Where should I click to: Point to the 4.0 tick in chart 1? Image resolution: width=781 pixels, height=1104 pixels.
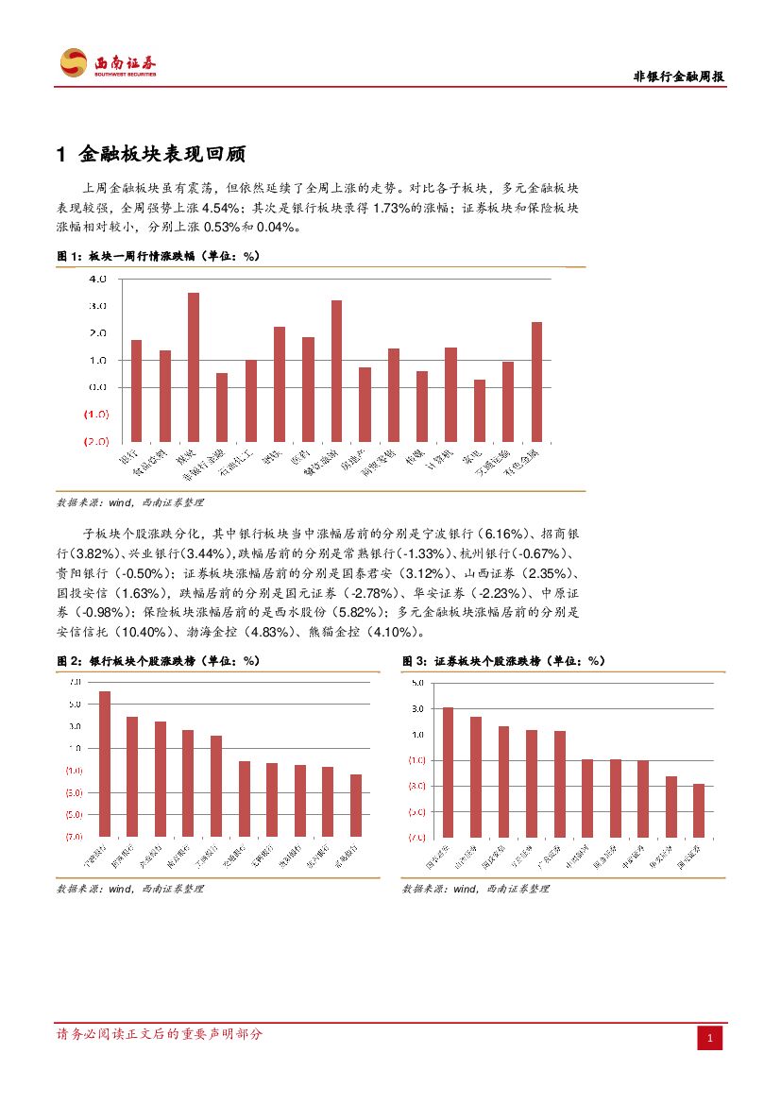98,280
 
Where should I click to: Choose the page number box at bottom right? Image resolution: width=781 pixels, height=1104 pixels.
710,1039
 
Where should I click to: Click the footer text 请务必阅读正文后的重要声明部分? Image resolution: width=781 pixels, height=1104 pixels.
160,1034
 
